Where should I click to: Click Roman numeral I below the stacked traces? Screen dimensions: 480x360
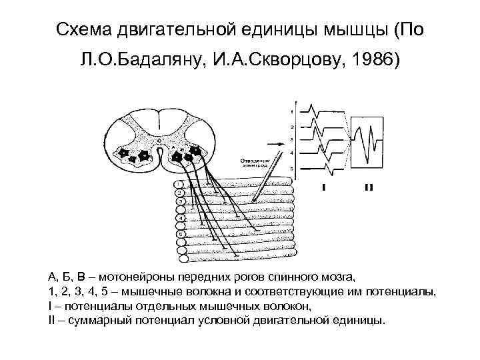324,187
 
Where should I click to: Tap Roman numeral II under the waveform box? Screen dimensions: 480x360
369,187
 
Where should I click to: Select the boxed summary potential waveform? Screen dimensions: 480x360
369,140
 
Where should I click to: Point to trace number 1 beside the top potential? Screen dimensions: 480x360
292,111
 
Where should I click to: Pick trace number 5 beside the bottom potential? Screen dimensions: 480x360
292,169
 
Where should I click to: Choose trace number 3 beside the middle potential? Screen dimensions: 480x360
292,139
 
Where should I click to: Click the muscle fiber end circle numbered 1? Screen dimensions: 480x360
179,184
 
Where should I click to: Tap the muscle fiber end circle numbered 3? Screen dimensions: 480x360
179,201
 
